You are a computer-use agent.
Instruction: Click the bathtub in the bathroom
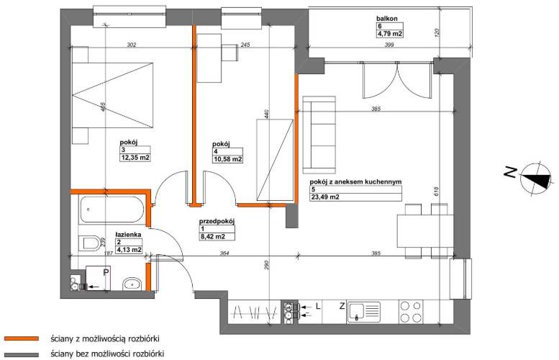point(112,209)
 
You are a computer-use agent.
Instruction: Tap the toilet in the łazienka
point(90,243)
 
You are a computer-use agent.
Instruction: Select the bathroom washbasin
point(132,284)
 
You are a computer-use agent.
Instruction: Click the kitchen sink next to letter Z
point(364,312)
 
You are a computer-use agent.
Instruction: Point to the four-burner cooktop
point(411,312)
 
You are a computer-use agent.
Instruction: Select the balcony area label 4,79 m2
point(390,34)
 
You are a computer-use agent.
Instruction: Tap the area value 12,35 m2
point(135,158)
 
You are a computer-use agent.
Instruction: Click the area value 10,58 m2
point(228,159)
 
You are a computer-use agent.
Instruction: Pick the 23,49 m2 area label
point(325,197)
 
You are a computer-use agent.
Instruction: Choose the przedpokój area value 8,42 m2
point(212,236)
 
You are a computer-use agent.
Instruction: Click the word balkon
point(387,19)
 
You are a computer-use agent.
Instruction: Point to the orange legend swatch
point(22,338)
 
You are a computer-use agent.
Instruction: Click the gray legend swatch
point(22,355)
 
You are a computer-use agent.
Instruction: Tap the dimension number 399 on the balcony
point(389,45)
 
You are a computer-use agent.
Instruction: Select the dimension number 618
point(437,192)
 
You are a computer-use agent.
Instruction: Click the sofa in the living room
point(319,135)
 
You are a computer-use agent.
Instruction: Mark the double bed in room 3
point(113,95)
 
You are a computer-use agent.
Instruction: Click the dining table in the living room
point(425,230)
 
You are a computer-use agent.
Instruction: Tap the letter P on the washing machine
point(106,273)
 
